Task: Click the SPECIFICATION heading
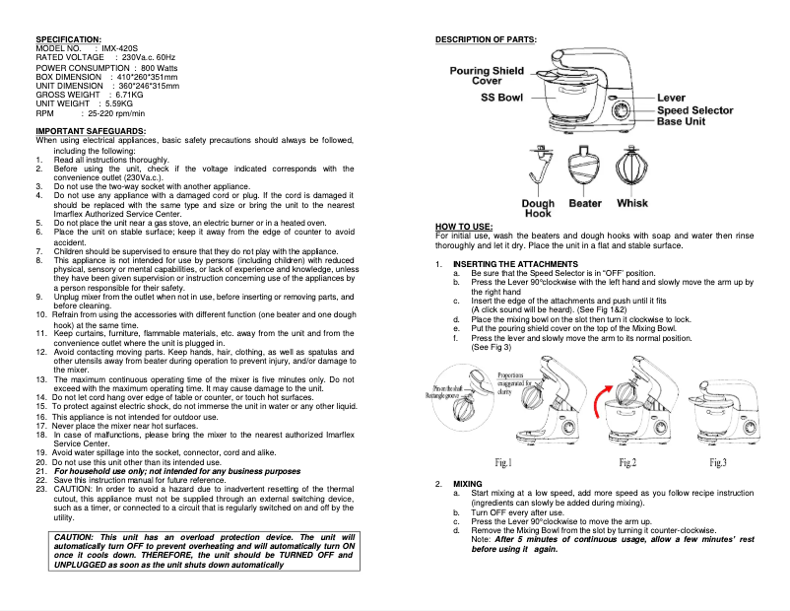[68, 38]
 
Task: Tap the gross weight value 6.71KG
[130, 94]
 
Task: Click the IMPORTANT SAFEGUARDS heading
[91, 131]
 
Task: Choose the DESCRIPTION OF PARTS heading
[486, 38]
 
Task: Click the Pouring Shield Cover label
[487, 76]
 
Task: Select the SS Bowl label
[501, 98]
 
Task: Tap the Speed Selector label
[695, 110]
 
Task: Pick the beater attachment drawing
[585, 170]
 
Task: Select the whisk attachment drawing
[631, 170]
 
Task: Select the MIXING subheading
[467, 484]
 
